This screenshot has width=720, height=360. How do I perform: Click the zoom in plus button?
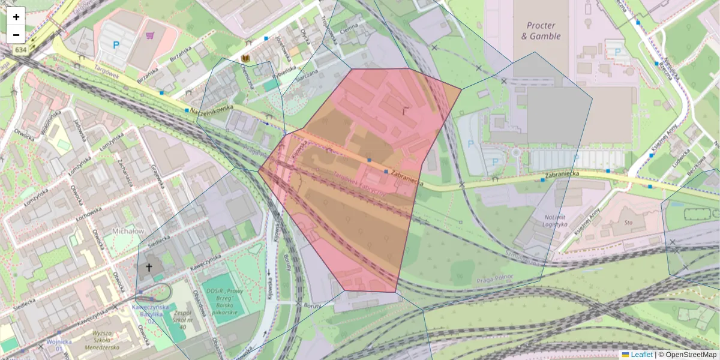point(16,17)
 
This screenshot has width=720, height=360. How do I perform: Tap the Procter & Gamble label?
point(543,31)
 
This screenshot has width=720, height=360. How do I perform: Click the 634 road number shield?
point(21,50)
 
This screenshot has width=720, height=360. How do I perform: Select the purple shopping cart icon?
point(149,35)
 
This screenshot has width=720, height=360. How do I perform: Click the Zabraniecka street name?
point(407,177)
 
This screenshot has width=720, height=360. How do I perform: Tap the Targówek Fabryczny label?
point(359,182)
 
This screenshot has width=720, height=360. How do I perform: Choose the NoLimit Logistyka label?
point(547,220)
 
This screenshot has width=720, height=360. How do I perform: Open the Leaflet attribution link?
point(641,355)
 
